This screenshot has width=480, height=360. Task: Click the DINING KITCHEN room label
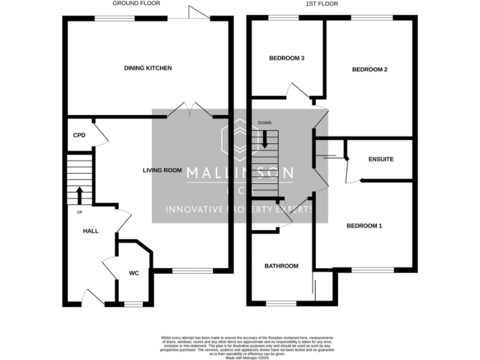(147, 67)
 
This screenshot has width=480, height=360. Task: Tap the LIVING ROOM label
(162, 170)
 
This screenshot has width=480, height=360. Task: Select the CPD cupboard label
(79, 135)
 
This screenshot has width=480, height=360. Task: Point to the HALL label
(91, 231)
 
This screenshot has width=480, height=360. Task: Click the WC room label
(134, 273)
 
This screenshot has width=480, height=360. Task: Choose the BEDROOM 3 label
(286, 58)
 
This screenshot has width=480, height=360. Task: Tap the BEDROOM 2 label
(369, 69)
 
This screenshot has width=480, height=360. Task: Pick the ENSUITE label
(381, 159)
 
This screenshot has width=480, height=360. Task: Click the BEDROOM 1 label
(364, 226)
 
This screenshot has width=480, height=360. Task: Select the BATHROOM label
(281, 266)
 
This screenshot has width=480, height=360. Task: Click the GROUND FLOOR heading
(136, 4)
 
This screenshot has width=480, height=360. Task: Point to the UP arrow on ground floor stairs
(79, 195)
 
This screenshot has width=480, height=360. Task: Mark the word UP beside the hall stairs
(79, 212)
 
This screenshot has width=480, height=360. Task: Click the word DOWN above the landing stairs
(265, 123)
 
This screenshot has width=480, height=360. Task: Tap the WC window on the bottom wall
(134, 304)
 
